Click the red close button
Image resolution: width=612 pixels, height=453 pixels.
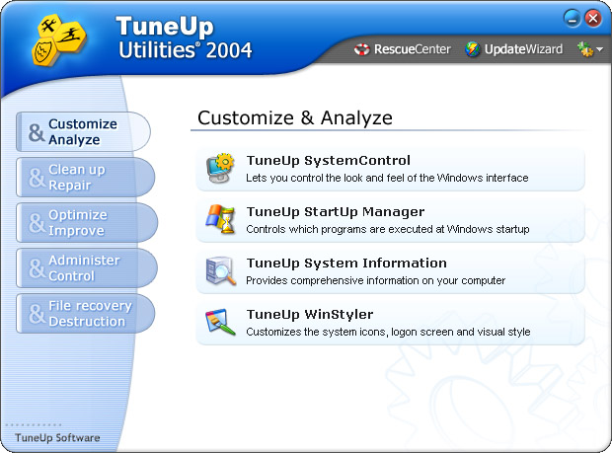pos(593,18)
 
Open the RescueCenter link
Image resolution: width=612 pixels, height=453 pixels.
pos(413,49)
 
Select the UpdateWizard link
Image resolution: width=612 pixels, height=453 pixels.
pos(523,49)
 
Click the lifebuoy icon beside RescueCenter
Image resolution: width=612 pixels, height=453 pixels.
pos(361,49)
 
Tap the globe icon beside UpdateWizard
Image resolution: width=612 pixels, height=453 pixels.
pos(472,49)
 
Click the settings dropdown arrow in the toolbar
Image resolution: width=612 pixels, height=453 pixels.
pos(599,49)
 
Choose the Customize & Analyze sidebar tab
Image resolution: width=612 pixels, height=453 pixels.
pos(83,132)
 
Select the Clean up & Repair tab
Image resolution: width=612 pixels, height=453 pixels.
pos(85,177)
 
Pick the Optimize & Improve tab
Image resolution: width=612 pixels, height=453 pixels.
pos(87,222)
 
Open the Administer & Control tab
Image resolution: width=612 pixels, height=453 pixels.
pos(87,268)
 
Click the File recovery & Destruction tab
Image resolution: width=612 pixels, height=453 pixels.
pos(85,313)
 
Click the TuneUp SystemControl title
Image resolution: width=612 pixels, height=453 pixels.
pos(329,160)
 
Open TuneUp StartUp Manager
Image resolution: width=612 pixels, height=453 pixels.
pos(336,212)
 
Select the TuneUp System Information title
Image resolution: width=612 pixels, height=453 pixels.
pos(346,264)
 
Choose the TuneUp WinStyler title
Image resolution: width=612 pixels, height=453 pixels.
pos(310,315)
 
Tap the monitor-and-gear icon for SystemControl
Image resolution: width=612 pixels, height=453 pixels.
pos(220,168)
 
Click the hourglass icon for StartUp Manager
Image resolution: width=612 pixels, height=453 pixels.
pos(220,219)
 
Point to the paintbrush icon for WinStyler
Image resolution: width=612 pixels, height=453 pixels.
pos(220,322)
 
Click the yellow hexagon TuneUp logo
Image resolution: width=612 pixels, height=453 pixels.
pos(58,39)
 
